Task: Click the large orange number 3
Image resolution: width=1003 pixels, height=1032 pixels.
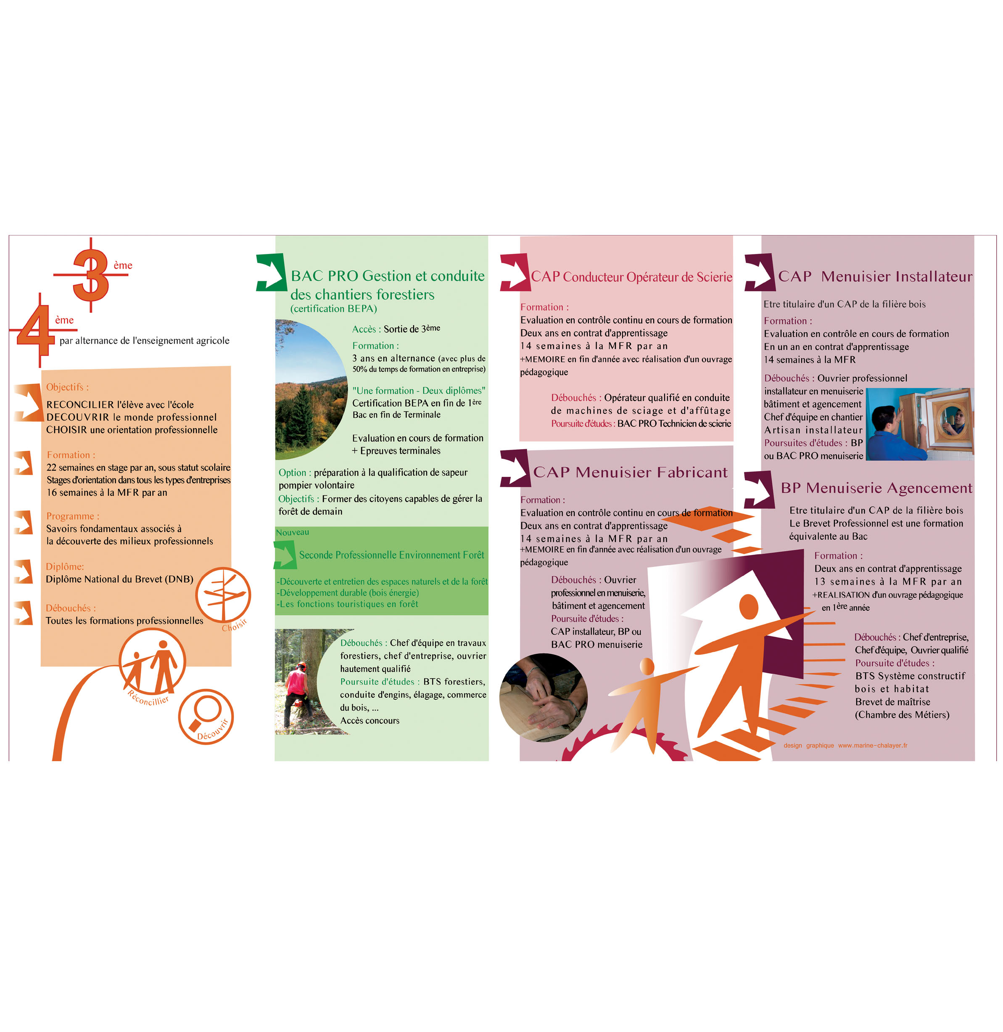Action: coord(91,275)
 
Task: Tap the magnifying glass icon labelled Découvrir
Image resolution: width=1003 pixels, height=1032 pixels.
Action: coord(206,716)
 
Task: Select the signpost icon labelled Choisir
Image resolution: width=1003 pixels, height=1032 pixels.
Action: coord(223,595)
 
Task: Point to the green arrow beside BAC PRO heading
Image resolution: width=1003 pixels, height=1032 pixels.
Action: coord(272,272)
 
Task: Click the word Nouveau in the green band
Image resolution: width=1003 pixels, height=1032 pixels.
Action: coord(292,532)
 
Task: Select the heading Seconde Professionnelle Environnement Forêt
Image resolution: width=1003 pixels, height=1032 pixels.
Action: coord(391,555)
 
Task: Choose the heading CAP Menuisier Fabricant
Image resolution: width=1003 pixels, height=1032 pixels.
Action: coord(630,472)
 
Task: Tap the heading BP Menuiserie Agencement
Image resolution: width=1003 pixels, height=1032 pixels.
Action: coord(876,488)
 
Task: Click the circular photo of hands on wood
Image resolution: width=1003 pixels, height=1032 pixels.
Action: coord(543,697)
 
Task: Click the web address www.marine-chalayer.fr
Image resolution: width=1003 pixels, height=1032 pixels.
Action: coord(872,745)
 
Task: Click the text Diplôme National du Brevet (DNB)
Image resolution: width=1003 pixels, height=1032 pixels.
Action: coord(119,579)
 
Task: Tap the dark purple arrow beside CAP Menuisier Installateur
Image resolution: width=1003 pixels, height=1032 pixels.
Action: coord(760,272)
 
